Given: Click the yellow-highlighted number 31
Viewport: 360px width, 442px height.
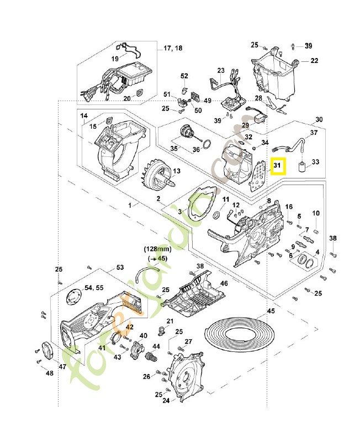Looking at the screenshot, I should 278,165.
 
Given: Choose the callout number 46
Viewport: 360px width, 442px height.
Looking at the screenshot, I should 224,283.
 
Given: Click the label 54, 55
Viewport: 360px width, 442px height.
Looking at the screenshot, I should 94,288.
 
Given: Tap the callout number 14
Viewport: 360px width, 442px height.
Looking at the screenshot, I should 84,116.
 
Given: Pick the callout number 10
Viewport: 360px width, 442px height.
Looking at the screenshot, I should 316,213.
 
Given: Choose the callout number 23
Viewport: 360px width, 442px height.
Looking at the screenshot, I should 221,71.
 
